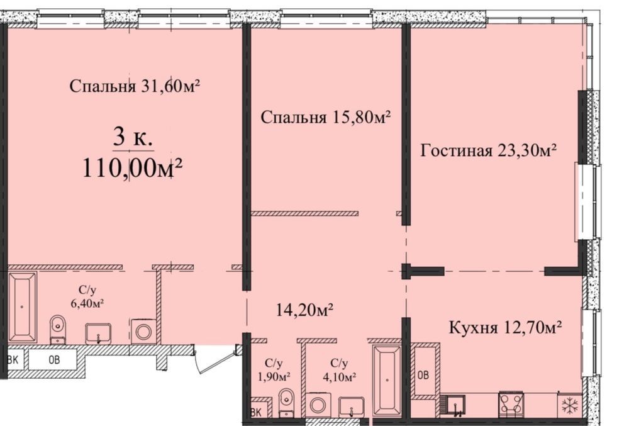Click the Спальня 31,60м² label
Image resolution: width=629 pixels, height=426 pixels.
pyautogui.click(x=135, y=86)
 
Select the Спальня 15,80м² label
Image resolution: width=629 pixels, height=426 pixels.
pyautogui.click(x=326, y=117)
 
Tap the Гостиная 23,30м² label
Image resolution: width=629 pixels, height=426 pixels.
pyautogui.click(x=488, y=150)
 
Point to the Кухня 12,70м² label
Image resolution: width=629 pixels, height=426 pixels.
pyautogui.click(x=505, y=327)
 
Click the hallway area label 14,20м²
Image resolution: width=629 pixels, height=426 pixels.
pyautogui.click(x=305, y=310)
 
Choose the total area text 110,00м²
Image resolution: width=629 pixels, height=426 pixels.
pyautogui.click(x=132, y=167)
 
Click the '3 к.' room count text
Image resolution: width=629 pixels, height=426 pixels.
pyautogui.click(x=133, y=138)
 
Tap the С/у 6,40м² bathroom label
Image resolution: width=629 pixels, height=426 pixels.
pyautogui.click(x=87, y=297)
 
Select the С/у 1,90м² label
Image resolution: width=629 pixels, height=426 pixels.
pyautogui.click(x=274, y=370)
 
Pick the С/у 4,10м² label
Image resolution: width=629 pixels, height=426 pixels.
pyautogui.click(x=340, y=370)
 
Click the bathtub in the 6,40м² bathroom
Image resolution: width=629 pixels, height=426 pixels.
pyautogui.click(x=22, y=308)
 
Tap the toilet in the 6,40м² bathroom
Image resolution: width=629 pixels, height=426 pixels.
pyautogui.click(x=58, y=330)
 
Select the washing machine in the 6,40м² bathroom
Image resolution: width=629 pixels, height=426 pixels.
pyautogui.click(x=143, y=332)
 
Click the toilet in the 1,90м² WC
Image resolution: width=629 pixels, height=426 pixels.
pyautogui.click(x=286, y=402)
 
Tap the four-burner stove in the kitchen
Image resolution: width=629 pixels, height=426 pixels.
pyautogui.click(x=511, y=403)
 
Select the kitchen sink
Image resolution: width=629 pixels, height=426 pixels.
pyautogui.click(x=454, y=405)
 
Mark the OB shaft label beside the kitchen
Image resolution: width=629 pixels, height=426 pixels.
pyautogui.click(x=423, y=374)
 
